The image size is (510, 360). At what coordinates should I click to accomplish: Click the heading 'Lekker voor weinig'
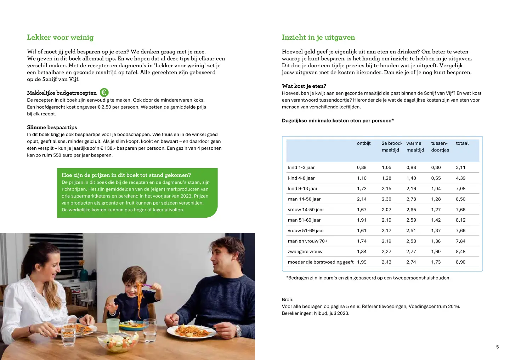[60, 38]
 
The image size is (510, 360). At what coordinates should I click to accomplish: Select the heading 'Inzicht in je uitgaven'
[318, 38]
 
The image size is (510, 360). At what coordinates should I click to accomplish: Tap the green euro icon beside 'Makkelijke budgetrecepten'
[104, 93]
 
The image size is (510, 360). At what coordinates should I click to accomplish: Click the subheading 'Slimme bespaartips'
[52, 127]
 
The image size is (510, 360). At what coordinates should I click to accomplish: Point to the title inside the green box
[126, 175]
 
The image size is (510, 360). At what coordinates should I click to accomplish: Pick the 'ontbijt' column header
[364, 143]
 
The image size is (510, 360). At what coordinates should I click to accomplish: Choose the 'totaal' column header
[462, 143]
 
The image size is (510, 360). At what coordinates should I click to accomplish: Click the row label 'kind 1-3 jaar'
[301, 167]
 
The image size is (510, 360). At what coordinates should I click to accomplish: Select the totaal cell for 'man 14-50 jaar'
[460, 199]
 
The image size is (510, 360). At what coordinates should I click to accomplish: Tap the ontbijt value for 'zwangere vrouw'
[362, 252]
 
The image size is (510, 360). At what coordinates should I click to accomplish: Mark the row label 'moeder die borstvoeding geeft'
[321, 262]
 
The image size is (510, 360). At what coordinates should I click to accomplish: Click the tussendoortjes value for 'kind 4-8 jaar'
[436, 178]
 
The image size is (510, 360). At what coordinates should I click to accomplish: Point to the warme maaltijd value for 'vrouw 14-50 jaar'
[411, 210]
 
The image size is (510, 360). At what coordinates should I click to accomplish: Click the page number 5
[497, 347]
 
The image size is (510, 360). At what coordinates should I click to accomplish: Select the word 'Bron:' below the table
[288, 299]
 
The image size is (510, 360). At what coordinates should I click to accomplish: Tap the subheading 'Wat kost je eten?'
[304, 86]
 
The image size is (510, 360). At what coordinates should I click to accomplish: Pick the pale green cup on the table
[113, 326]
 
